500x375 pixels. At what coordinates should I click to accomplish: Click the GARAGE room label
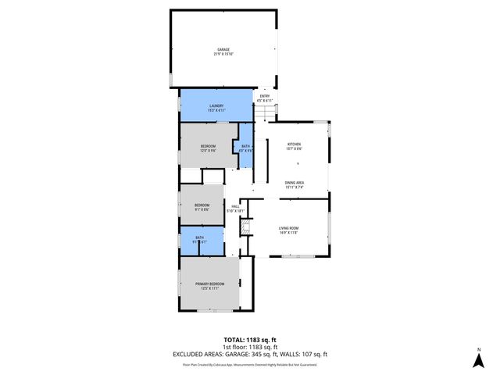pos(223,49)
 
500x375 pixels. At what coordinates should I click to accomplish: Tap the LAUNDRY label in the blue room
pos(216,105)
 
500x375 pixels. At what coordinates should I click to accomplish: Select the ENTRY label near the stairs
pos(264,96)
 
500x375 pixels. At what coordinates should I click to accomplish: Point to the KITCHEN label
pos(294,145)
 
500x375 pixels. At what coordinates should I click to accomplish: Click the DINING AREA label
pos(295,182)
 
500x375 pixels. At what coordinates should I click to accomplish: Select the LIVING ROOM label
pos(289,227)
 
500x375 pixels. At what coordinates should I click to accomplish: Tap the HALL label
pos(235,207)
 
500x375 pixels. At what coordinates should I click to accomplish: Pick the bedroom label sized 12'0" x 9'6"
pos(208,146)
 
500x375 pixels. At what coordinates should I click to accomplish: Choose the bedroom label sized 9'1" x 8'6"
pos(202,205)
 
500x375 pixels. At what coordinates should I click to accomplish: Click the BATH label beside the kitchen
pos(245,146)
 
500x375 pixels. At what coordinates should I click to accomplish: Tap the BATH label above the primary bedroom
pos(199,237)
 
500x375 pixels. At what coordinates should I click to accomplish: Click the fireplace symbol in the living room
pos(245,228)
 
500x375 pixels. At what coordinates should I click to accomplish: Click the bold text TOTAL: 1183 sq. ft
pos(249,340)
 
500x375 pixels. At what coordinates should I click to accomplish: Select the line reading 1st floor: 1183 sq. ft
pos(249,348)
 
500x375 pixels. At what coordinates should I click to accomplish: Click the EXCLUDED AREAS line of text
pos(249,355)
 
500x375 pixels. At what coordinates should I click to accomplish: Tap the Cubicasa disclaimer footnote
pos(249,364)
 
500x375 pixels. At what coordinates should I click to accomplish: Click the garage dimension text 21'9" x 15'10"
pos(223,54)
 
